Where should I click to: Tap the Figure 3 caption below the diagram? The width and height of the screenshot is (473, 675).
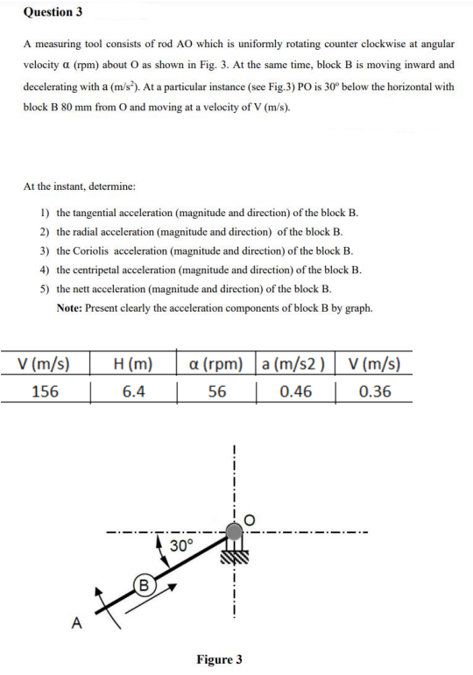[219, 658]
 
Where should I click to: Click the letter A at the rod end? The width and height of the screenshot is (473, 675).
[76, 623]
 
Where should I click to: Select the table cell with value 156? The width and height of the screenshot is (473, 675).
[45, 391]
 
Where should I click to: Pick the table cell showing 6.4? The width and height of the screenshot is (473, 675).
[133, 391]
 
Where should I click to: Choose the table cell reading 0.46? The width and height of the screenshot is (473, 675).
[295, 391]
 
